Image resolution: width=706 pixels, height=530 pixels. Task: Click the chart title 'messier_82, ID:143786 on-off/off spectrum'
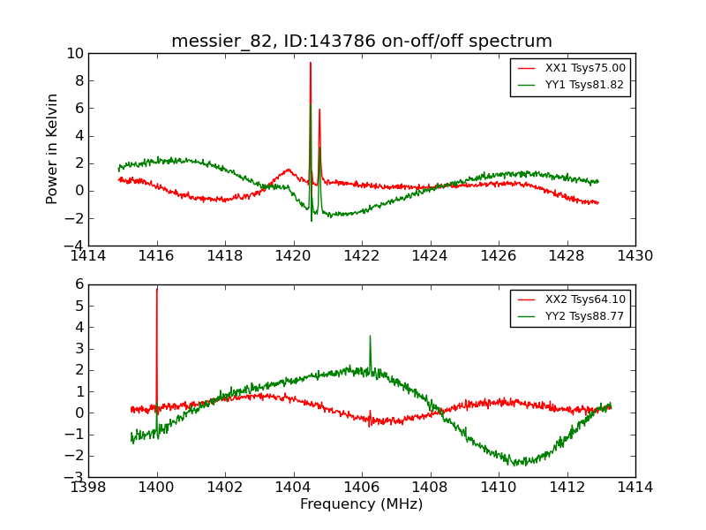click(362, 42)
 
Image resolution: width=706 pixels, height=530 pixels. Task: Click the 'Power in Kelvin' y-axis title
click(53, 148)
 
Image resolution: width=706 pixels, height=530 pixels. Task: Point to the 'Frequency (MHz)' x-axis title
click(362, 504)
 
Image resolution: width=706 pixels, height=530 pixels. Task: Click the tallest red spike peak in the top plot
click(310, 63)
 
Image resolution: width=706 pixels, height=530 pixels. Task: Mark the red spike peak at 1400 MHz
click(157, 289)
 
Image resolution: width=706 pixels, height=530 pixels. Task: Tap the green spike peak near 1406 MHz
click(370, 336)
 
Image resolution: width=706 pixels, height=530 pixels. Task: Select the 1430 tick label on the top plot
click(635, 256)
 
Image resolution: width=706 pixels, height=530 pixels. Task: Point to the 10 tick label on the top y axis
click(74, 54)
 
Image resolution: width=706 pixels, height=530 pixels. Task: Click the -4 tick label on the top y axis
click(74, 246)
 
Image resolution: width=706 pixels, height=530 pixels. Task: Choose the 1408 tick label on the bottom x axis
click(430, 488)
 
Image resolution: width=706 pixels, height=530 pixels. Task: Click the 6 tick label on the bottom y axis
click(79, 284)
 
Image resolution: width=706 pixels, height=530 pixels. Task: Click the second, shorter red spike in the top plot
click(319, 110)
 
